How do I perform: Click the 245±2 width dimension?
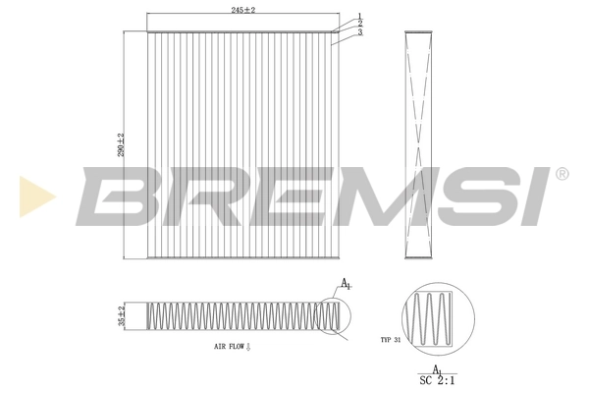242,9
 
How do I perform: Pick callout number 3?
360,32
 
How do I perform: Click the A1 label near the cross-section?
346,285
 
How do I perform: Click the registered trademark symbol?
562,174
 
